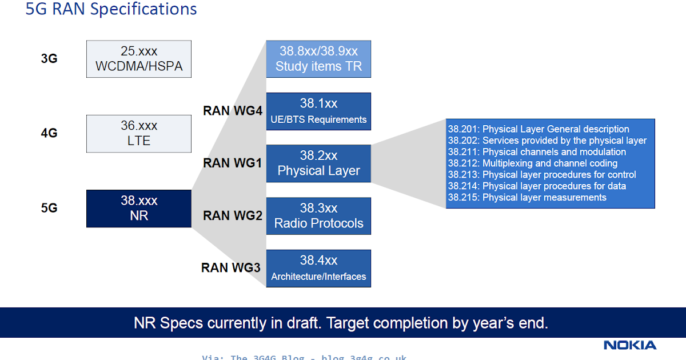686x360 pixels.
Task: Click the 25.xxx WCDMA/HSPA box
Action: pyautogui.click(x=139, y=59)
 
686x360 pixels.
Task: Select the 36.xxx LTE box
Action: pyautogui.click(x=139, y=134)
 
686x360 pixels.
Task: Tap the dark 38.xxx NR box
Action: pyautogui.click(x=139, y=209)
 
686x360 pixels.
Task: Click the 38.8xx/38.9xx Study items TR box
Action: pyautogui.click(x=318, y=59)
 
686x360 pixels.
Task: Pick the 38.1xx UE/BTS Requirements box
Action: pyautogui.click(x=318, y=111)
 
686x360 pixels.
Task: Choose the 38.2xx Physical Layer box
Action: pyautogui.click(x=318, y=163)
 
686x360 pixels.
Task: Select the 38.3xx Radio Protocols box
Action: pyautogui.click(x=318, y=216)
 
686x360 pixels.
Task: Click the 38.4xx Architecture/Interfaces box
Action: pyautogui.click(x=318, y=268)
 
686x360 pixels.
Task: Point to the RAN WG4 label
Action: pyautogui.click(x=232, y=110)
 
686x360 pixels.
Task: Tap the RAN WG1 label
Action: pyautogui.click(x=232, y=163)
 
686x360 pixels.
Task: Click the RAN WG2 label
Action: pyautogui.click(x=232, y=215)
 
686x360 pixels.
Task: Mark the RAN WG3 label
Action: pyautogui.click(x=231, y=267)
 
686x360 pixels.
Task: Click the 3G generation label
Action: pyautogui.click(x=49, y=58)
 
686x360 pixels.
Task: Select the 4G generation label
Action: pyautogui.click(x=49, y=133)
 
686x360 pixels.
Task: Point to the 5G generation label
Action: pyautogui.click(x=49, y=208)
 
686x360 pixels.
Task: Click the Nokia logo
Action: pyautogui.click(x=630, y=345)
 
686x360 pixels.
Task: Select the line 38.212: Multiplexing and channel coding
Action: pyautogui.click(x=533, y=163)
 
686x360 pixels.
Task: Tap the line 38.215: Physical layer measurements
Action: pyautogui.click(x=527, y=198)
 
